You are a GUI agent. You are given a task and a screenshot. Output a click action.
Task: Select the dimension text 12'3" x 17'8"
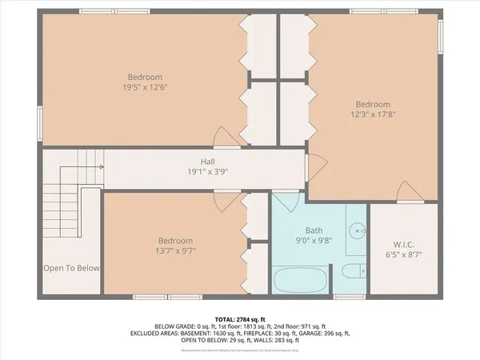(373, 114)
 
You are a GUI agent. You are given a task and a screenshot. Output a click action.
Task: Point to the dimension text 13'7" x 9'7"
(174, 250)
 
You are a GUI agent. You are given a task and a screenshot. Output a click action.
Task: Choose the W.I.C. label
(402, 244)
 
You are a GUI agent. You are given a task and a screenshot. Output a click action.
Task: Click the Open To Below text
(71, 268)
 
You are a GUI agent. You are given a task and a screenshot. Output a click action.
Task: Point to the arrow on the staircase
(101, 166)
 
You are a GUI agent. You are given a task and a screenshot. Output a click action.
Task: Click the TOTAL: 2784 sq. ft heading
(239, 318)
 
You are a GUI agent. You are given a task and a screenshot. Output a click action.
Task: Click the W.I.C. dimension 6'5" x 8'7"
(402, 254)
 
